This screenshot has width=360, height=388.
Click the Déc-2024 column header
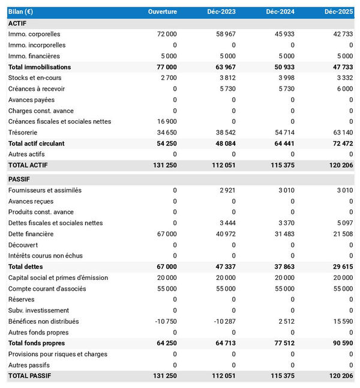tap(280, 12)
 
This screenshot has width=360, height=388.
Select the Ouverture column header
tap(163, 12)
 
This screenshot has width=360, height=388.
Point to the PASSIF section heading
tap(19, 179)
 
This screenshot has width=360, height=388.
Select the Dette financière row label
tap(31, 234)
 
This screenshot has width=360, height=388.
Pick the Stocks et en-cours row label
tap(35, 77)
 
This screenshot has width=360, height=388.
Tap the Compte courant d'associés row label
tap(47, 288)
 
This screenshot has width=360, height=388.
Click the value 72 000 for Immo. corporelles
tap(166, 34)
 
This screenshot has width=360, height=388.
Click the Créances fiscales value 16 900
tap(166, 121)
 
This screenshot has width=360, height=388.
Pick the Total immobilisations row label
tap(40, 67)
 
